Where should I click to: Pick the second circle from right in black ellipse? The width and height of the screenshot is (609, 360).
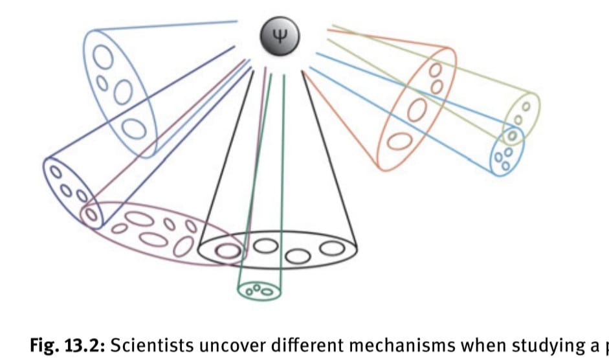[x=298, y=254]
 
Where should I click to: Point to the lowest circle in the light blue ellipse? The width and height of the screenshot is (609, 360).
[x=134, y=128]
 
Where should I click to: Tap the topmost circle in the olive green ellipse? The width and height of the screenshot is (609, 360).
[x=526, y=106]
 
